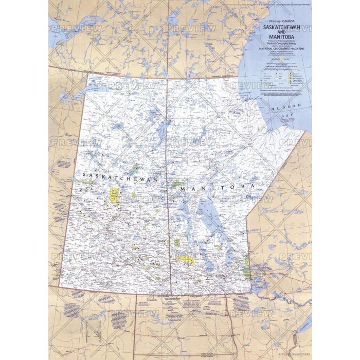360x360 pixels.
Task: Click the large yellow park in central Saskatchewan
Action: point(114,194)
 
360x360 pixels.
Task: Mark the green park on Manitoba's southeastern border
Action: point(246,267)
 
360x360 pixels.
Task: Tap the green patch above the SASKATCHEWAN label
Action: point(136,167)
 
